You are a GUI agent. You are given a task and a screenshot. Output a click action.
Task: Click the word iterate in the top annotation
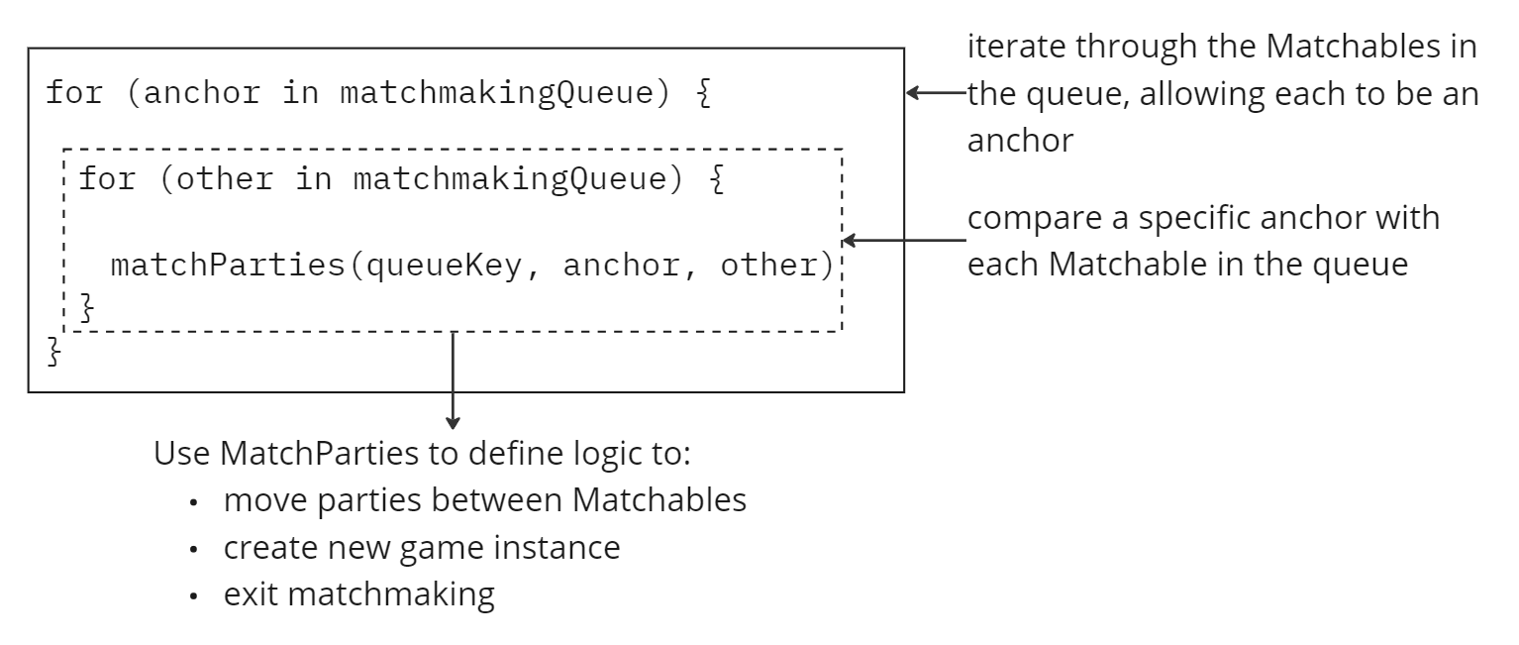click(x=1010, y=47)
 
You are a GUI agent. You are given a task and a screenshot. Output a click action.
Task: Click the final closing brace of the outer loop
click(x=53, y=352)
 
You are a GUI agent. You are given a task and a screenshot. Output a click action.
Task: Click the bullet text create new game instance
click(x=422, y=547)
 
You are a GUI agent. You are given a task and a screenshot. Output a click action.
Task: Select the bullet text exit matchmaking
click(x=358, y=595)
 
